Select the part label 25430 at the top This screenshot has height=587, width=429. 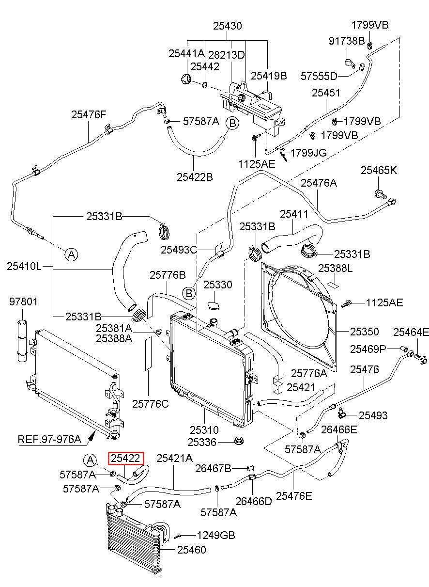pos(228,26)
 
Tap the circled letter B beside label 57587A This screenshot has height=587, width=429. pos(232,123)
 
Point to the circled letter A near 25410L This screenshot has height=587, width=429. pos(71,254)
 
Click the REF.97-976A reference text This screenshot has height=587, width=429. pos(49,439)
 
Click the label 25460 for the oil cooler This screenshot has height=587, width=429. pos(192,550)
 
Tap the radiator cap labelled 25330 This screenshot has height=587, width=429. pos(214,306)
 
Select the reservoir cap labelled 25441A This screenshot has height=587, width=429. pos(186,79)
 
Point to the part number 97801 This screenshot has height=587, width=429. pos(24,302)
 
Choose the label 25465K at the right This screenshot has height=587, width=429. pos(379,170)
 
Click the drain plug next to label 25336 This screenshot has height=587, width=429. pos(238,441)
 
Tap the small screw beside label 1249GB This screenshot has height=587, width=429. pos(178,536)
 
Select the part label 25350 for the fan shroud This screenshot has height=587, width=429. pos(365,332)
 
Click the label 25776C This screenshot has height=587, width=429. pos(151,404)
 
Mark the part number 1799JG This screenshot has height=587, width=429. pos(308,153)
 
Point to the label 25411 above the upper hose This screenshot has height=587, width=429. pos(294,214)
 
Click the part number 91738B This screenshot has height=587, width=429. pos(347,41)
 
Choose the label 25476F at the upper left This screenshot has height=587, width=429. pos(89,114)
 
